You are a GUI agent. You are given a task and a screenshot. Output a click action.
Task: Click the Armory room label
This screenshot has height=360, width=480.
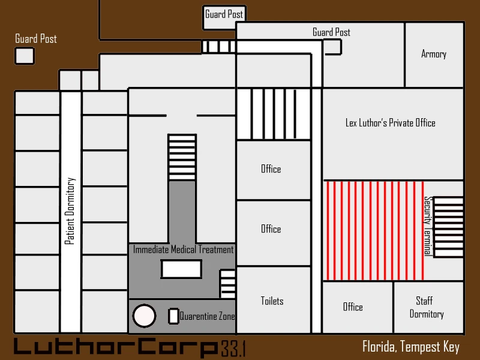[433, 54]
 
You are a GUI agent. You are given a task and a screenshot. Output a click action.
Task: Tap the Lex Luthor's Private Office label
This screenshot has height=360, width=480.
[391, 123]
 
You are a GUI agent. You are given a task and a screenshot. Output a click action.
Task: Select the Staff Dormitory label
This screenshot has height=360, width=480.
[427, 307]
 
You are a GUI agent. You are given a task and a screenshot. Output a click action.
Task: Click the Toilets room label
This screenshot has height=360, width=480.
[272, 301]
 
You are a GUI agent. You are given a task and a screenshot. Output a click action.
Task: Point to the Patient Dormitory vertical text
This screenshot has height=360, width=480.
[70, 211]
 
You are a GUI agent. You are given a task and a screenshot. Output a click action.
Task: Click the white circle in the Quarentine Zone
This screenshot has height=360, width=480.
[144, 316]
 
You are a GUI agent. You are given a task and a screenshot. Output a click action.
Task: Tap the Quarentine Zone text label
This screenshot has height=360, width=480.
[207, 316]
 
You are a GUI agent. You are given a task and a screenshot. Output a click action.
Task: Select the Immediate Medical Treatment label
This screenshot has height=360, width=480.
[183, 250]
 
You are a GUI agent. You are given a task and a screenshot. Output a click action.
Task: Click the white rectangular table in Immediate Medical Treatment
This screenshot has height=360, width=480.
[181, 269]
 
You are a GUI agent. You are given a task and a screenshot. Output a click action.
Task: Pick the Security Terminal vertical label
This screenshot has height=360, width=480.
[428, 226]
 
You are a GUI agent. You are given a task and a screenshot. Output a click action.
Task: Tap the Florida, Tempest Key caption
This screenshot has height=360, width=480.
[411, 347]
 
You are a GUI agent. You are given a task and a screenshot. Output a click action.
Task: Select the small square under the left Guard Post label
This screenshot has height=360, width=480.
[25, 56]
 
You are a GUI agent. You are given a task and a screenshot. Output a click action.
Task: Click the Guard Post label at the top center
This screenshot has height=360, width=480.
[224, 14]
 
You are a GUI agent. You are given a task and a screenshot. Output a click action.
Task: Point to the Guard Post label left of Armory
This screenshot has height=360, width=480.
[331, 32]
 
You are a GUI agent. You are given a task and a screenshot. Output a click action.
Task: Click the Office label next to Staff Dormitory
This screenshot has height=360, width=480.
[353, 307]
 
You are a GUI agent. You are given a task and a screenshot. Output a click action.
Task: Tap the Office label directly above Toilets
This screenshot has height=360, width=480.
[271, 229]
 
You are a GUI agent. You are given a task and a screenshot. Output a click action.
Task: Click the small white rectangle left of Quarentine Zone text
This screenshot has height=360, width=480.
[173, 316]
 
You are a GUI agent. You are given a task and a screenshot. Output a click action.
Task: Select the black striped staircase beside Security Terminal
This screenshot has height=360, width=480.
[448, 227]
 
